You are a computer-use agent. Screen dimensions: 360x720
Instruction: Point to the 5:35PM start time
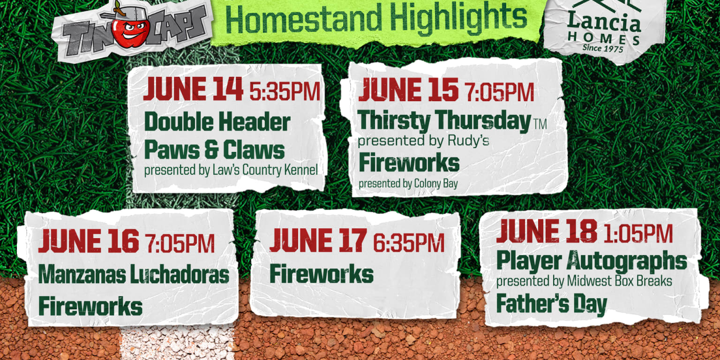[x=285, y=91]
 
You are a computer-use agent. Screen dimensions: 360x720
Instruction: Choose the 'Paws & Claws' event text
[x=214, y=150]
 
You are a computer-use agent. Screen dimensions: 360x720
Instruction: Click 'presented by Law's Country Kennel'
[x=231, y=170]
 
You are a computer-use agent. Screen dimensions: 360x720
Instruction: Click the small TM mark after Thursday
[x=540, y=124]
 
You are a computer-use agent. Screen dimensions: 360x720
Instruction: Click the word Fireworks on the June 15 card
[x=409, y=164]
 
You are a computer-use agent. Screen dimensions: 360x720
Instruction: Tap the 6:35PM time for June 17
[x=409, y=243]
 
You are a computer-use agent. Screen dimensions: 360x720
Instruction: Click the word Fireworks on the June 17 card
[x=321, y=274]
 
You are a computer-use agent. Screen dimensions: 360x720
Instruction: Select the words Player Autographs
[x=592, y=261]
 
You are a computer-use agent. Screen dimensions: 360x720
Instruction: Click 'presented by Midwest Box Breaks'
[x=584, y=281]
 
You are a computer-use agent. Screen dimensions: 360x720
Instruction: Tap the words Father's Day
[x=551, y=304]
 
